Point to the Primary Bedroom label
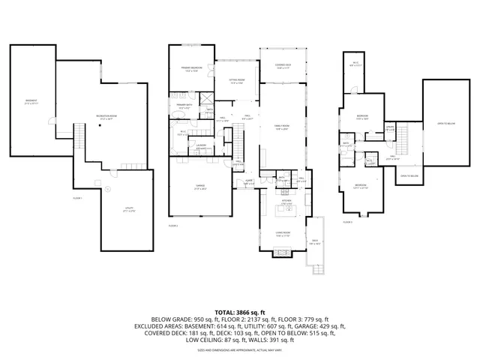click(x=192, y=70)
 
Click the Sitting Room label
click(x=237, y=82)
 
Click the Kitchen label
click(x=286, y=201)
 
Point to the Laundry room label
click(x=200, y=148)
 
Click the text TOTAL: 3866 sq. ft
click(x=239, y=311)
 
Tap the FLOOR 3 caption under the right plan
click(x=347, y=222)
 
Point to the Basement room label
click(x=31, y=102)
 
